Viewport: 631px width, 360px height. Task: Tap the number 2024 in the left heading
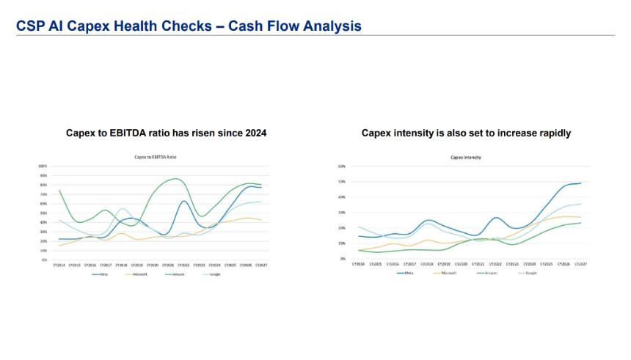tap(252, 133)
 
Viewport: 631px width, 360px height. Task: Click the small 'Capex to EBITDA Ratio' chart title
tap(156, 157)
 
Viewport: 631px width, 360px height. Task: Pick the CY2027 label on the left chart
tap(261, 265)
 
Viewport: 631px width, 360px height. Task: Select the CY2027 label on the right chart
tap(581, 264)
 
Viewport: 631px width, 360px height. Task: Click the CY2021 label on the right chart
tap(478, 264)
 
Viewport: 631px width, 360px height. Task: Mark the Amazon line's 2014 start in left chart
tap(59, 190)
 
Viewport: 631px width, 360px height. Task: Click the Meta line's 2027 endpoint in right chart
tap(581, 183)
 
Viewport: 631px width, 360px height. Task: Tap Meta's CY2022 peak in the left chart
tap(184, 201)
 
